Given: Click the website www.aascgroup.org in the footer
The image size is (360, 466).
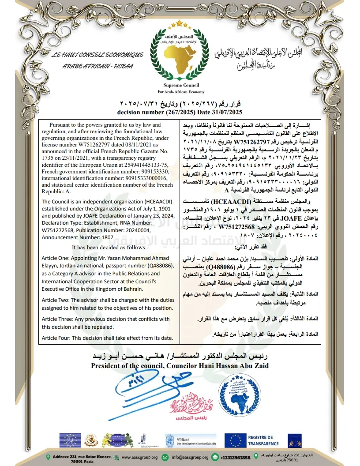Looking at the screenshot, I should click(139, 457).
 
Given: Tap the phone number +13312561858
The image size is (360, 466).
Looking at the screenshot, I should click(235, 458).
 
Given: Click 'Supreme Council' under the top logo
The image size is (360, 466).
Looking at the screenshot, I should click(181, 85).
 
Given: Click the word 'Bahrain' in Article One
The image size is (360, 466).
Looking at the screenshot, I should click(131, 289).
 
